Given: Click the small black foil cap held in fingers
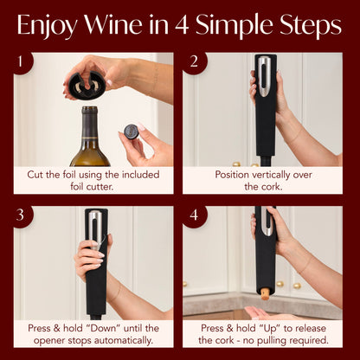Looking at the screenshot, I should tap(131, 132).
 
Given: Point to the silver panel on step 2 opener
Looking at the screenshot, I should tap(265, 73).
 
